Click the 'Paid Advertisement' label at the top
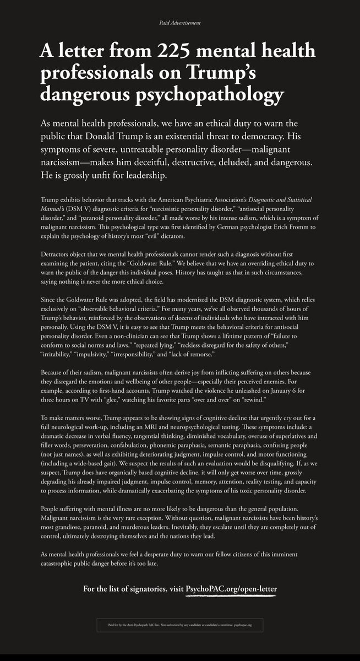point(180,23)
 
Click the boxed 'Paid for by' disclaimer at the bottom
point(180,625)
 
